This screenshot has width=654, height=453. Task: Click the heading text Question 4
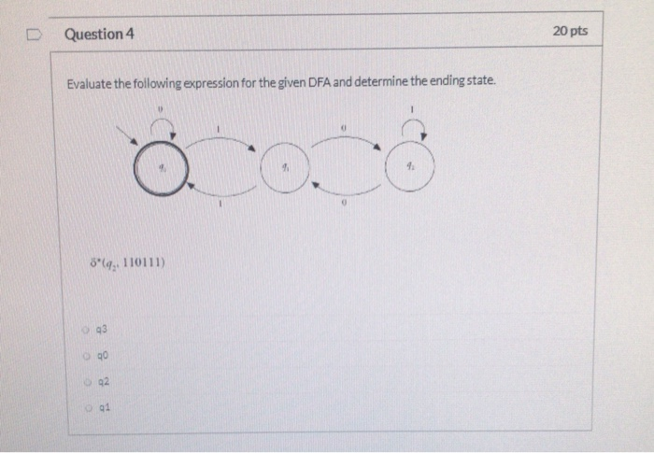pyautogui.click(x=100, y=34)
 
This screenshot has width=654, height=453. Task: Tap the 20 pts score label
pyautogui.click(x=570, y=31)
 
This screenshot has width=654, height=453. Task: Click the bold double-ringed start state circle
pyautogui.click(x=161, y=170)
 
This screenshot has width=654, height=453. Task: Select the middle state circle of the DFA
pyautogui.click(x=287, y=170)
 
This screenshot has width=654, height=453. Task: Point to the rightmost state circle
pyautogui.click(x=410, y=168)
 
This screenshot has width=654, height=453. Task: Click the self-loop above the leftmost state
pyautogui.click(x=162, y=127)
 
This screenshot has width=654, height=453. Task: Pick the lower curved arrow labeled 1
pyautogui.click(x=220, y=193)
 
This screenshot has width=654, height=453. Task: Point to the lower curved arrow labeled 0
pyautogui.click(x=346, y=193)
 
